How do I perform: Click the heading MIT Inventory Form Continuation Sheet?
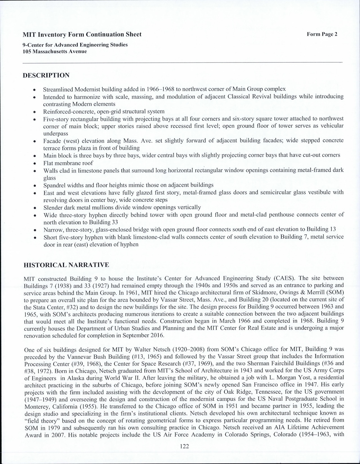pyautogui.click(x=82, y=34)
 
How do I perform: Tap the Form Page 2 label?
pyautogui.click(x=322, y=34)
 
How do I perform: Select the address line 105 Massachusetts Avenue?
pyautogui.click(x=55, y=51)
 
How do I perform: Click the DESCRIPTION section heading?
pyautogui.click(x=46, y=75)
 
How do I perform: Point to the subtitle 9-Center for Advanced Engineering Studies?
pyautogui.click(x=75, y=45)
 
